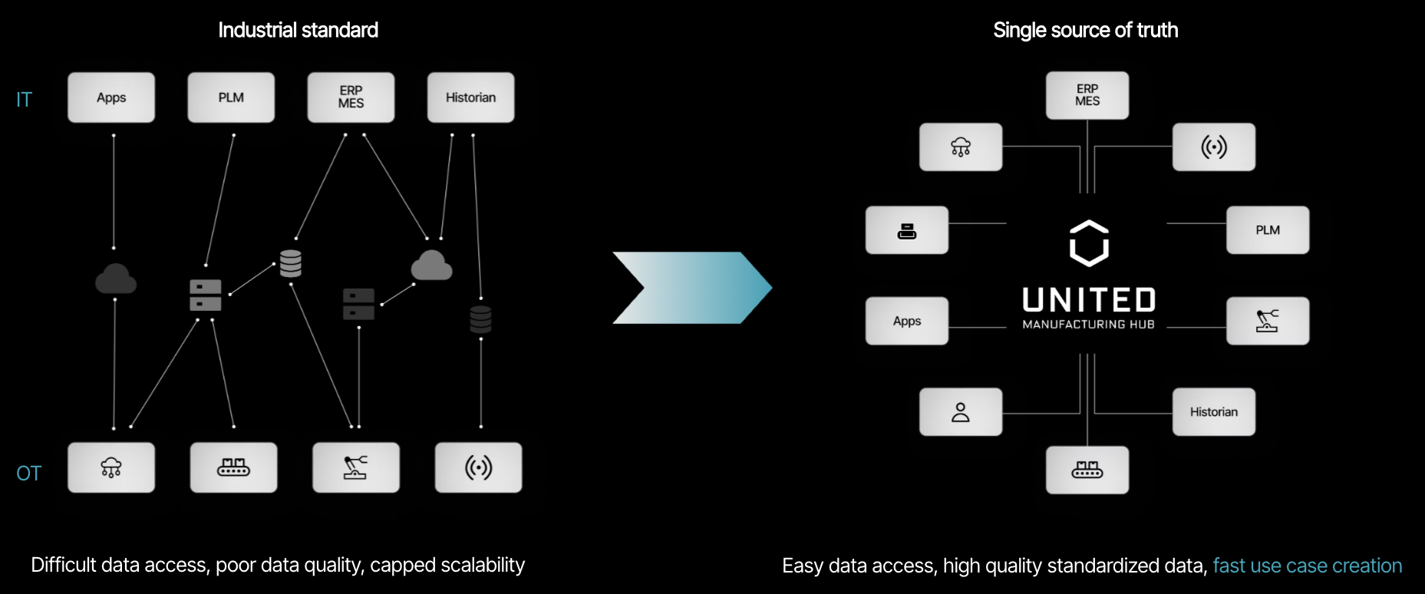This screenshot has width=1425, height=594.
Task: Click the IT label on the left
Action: pos(25,100)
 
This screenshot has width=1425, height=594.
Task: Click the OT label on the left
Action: pos(29,474)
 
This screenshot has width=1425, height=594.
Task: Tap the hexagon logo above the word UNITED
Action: pos(1089,243)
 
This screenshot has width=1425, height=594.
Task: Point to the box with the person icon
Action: pos(961,412)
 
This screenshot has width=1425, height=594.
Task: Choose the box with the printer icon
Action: pos(907,230)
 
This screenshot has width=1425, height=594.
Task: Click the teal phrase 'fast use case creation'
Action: pos(1307,566)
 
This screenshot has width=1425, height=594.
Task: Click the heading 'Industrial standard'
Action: pos(298,30)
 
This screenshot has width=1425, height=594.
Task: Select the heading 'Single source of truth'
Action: pos(1085,30)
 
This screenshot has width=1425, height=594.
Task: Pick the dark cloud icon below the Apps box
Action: pos(116,279)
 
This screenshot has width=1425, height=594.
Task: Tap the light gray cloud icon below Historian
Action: pos(431,266)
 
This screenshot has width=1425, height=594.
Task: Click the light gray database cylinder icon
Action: pos(291,263)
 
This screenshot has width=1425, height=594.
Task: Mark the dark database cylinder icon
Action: pos(481,318)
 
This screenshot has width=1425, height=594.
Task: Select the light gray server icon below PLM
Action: pos(206,295)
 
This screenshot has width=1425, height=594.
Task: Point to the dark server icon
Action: pos(358,304)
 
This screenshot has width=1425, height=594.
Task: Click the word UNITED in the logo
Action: pos(1089,300)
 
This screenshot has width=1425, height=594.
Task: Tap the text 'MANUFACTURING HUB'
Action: pos(1088,325)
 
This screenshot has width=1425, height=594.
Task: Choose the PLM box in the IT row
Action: pos(231,97)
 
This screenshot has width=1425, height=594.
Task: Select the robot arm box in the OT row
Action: pos(356,467)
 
